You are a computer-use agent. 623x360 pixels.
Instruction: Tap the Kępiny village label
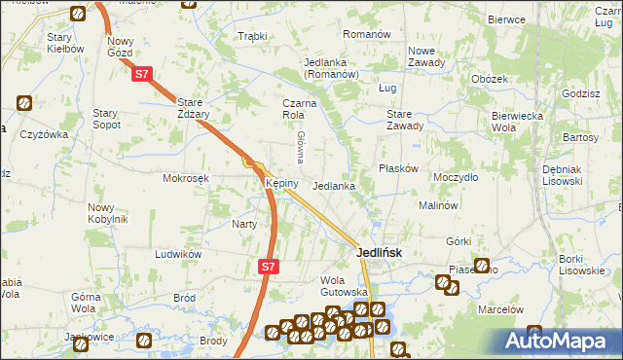point(275,183)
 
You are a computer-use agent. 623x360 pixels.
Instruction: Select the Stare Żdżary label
point(202,107)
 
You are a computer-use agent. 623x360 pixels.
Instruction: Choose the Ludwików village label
point(178,253)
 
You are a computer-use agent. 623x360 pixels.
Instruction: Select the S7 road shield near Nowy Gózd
point(142,74)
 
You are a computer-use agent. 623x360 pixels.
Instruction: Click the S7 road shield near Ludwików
point(271,266)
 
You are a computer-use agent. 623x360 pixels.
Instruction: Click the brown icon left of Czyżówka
point(24,102)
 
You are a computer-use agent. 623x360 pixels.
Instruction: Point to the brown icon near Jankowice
point(143,341)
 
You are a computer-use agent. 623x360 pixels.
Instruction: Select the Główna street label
point(301,145)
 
